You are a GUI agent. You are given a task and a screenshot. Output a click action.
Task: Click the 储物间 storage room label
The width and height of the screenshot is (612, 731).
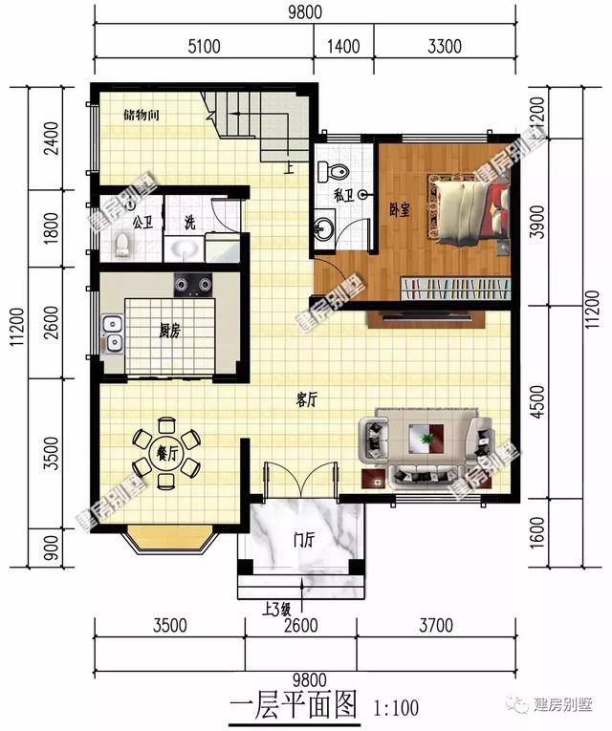141,116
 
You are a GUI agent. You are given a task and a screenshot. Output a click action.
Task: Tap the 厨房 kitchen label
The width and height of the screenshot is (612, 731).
170,332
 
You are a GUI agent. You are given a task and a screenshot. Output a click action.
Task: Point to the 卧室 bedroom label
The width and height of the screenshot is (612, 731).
399,209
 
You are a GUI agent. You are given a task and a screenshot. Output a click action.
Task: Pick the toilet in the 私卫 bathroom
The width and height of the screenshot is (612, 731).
335,172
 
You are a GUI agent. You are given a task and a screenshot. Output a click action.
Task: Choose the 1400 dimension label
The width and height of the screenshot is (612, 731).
344,44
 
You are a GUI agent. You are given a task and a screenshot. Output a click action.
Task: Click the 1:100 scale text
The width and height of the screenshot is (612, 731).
394,708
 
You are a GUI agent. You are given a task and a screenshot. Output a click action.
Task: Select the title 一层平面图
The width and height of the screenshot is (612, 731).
294,706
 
